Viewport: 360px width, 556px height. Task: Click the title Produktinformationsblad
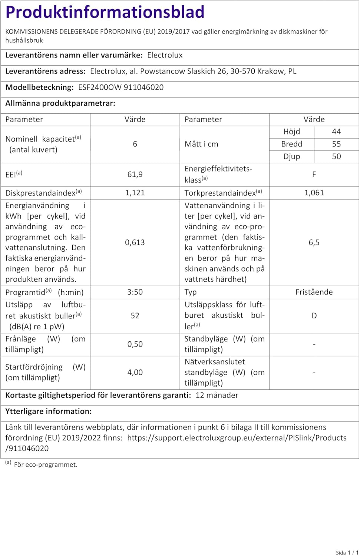(x=105, y=12)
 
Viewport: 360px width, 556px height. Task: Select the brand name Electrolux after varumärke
(x=165, y=55)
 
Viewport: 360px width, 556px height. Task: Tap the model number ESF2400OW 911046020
(x=121, y=87)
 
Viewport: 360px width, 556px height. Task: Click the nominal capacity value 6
(x=135, y=144)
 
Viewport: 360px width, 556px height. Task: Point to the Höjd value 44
(x=336, y=132)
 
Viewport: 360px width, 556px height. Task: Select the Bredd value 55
(x=336, y=144)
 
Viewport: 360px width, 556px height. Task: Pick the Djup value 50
(x=336, y=156)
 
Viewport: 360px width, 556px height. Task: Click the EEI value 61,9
(x=135, y=174)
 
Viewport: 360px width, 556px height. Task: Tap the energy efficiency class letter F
(x=314, y=174)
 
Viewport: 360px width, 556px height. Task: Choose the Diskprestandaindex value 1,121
(x=135, y=193)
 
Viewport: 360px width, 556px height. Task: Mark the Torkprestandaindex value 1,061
(x=314, y=193)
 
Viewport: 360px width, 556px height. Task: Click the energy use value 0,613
(x=135, y=242)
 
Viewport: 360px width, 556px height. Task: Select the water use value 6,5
(x=314, y=242)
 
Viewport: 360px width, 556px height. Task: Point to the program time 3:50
(x=135, y=292)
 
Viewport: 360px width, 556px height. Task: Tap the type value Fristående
(x=314, y=292)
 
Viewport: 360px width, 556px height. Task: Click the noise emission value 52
(x=135, y=315)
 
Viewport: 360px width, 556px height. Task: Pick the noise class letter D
(x=314, y=315)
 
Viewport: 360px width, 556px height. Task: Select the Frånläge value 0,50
(x=135, y=344)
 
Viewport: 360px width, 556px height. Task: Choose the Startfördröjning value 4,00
(x=135, y=372)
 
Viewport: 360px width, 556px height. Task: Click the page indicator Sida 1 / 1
(x=347, y=552)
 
